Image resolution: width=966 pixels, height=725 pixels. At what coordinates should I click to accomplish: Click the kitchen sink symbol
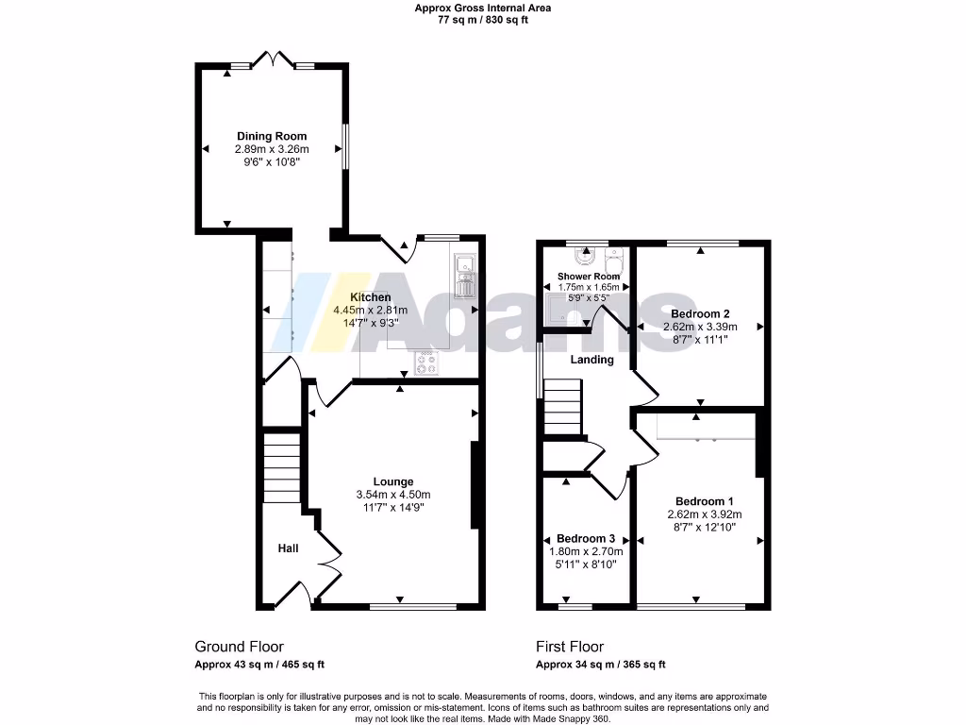pos(466,277)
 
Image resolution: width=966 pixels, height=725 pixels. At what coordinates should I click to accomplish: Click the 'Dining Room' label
pos(271,136)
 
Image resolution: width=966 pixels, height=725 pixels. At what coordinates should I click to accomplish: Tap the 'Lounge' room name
pos(392,481)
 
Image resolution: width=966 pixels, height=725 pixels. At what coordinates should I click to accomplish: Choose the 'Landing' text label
pos(591,360)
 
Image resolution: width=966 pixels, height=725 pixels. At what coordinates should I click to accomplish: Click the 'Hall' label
pos(289,548)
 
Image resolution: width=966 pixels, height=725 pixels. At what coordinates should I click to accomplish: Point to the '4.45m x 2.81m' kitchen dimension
pos(370,310)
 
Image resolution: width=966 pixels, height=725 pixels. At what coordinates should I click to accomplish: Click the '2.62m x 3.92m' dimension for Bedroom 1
pos(705,514)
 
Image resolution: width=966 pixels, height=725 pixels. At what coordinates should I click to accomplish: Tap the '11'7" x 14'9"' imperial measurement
pos(392,507)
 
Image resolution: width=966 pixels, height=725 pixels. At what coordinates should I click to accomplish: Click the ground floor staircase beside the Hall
pos(281,469)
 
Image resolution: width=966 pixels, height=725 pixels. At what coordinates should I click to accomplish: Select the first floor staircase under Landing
pos(563,406)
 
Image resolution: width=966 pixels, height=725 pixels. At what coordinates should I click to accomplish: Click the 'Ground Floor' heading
pos(239,647)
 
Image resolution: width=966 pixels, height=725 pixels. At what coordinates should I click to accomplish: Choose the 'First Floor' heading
pos(569,647)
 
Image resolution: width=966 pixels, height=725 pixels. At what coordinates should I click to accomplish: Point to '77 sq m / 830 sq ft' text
pos(483,20)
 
